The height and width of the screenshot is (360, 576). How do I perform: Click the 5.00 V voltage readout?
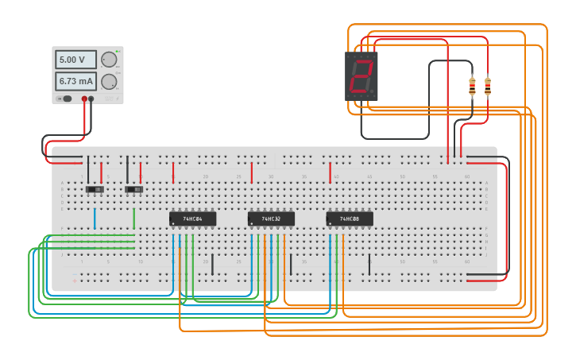click(x=75, y=60)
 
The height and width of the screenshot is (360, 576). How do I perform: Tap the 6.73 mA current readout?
click(x=75, y=81)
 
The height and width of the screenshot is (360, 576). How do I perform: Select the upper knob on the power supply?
click(x=109, y=60)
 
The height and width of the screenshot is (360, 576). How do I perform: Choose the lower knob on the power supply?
click(x=109, y=81)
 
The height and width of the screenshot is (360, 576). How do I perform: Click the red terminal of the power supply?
click(x=84, y=99)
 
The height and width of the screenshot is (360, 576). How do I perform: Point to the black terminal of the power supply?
click(x=91, y=99)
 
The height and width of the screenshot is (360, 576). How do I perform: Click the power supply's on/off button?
click(x=68, y=99)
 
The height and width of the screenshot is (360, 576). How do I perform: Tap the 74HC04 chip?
click(x=192, y=219)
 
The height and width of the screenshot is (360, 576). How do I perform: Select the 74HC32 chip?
click(x=271, y=219)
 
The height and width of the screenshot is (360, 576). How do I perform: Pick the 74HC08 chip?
click(x=350, y=219)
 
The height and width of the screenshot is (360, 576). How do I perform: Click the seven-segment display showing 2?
click(x=361, y=76)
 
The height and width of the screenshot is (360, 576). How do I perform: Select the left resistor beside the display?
click(x=472, y=86)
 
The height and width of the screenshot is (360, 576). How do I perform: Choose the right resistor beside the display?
click(x=487, y=86)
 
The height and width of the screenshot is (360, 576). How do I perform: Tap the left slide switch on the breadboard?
click(x=95, y=189)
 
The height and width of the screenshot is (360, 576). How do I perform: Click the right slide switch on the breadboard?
click(x=134, y=189)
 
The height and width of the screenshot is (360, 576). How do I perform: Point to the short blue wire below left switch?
click(x=95, y=219)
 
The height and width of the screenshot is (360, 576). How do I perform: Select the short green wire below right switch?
click(x=134, y=219)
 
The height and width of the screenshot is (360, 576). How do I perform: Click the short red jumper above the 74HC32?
click(x=252, y=172)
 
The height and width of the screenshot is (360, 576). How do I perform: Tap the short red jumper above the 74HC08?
click(x=330, y=172)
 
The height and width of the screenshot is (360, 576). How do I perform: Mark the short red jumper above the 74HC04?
click(x=173, y=172)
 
